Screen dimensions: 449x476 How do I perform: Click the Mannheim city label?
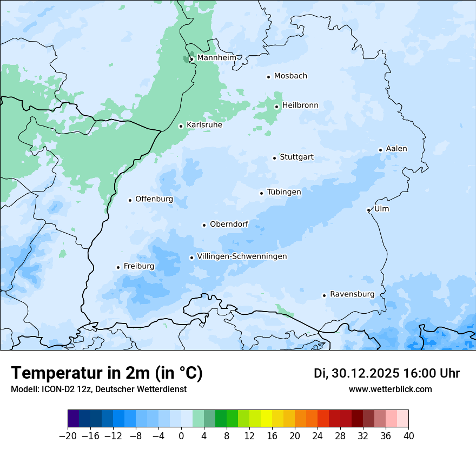pyautogui.click(x=216, y=58)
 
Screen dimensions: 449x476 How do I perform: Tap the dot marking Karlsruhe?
pyautogui.click(x=181, y=126)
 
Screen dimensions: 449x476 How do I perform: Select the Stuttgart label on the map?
pyautogui.click(x=296, y=157)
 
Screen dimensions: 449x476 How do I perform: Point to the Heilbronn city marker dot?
pyautogui.click(x=276, y=107)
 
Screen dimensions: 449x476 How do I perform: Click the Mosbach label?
pyautogui.click(x=290, y=76)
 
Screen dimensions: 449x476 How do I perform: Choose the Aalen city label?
pyautogui.click(x=396, y=149)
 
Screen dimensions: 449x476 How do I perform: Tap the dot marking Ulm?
pyautogui.click(x=368, y=210)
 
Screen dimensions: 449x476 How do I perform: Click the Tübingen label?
pyautogui.click(x=284, y=192)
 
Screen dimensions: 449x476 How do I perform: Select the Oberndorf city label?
pyautogui.click(x=229, y=224)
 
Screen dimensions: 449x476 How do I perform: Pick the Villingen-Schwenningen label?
pyautogui.click(x=242, y=256)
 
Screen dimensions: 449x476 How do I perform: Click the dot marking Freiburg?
pyautogui.click(x=118, y=267)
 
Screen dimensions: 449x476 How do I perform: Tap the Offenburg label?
pyautogui.click(x=154, y=199)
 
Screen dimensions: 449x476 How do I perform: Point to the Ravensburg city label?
pyautogui.click(x=352, y=294)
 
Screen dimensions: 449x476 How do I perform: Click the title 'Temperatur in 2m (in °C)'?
pyautogui.click(x=107, y=373)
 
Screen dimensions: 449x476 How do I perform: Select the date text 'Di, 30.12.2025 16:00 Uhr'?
pyautogui.click(x=387, y=374)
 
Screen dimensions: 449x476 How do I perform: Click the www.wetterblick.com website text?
pyautogui.click(x=390, y=389)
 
